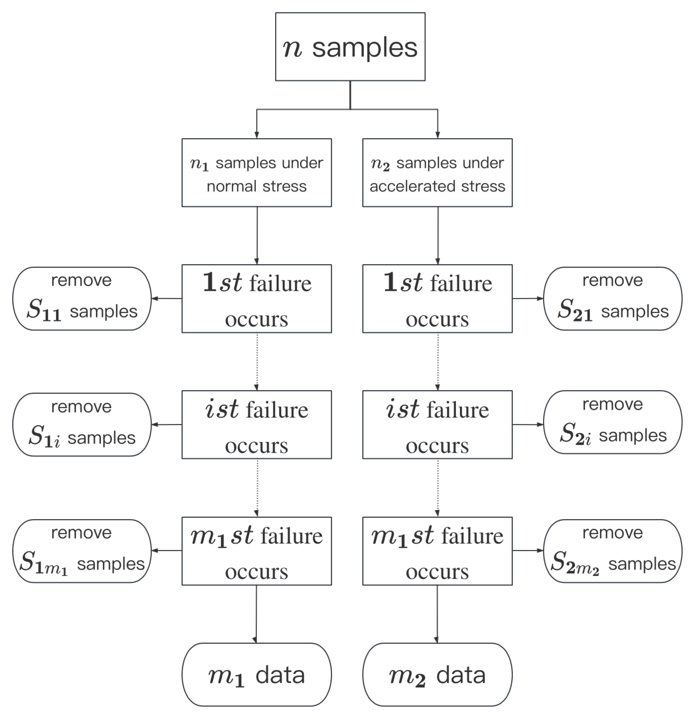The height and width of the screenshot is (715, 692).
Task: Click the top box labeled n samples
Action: coord(350,47)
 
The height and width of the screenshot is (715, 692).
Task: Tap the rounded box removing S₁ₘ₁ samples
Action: coord(82,551)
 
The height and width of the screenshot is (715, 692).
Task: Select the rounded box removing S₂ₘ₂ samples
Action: coord(612,551)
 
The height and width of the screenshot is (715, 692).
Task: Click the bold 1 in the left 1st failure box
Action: coord(209,282)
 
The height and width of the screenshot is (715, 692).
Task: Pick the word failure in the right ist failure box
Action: coord(458,410)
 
